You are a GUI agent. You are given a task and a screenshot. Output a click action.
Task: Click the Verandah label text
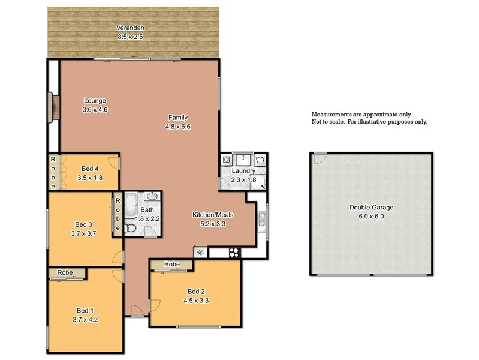pos(131,28)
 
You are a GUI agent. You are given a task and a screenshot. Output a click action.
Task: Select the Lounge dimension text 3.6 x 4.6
pos(95,109)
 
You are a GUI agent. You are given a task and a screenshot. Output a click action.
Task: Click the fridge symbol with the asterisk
pos(200,253)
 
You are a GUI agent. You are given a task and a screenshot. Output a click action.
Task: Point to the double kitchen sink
pos(262,220)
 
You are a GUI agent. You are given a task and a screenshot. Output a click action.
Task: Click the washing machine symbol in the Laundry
pos(227,160)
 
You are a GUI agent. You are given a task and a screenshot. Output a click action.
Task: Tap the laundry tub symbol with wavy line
pos(260,160)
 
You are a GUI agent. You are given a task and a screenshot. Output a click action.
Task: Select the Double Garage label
pos(371,208)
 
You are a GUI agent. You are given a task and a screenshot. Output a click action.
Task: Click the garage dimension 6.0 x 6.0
pos(371,216)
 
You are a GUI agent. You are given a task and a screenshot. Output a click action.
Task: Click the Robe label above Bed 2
pos(172,264)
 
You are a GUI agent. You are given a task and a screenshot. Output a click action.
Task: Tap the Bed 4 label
pos(90,169)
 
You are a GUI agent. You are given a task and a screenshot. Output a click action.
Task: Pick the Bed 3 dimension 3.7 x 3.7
pos(83,233)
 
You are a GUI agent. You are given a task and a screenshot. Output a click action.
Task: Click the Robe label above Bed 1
pos(65,273)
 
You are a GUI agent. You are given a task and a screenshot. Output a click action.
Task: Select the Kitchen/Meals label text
pos(213,215)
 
